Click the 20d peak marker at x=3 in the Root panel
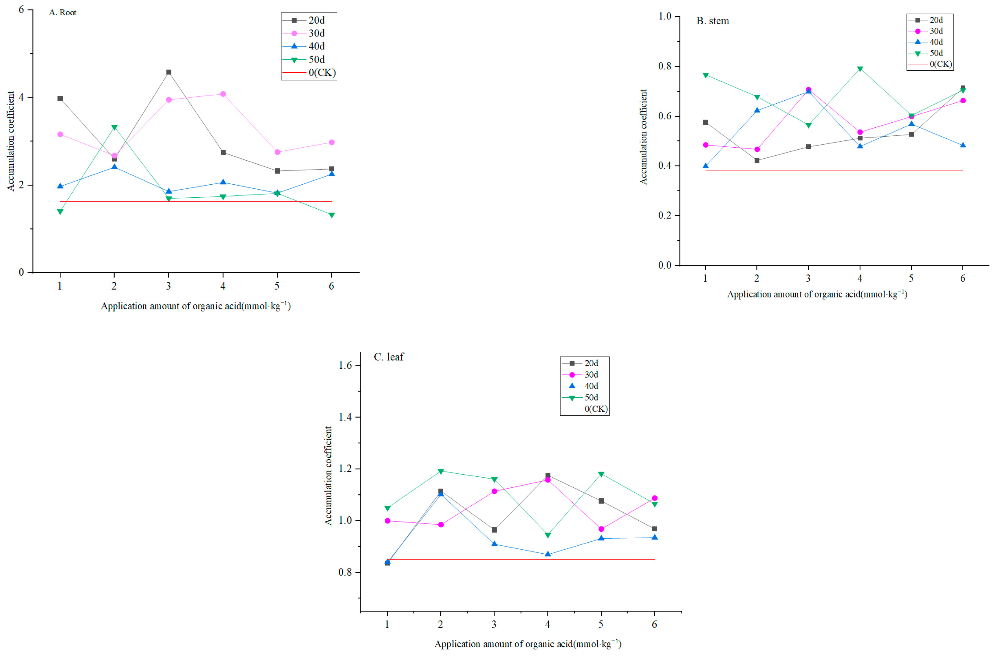click(x=169, y=72)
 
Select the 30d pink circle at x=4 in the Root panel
click(x=223, y=94)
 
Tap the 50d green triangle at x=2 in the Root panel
click(x=114, y=127)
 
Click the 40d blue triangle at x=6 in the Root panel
click(x=331, y=174)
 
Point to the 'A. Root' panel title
click(x=63, y=13)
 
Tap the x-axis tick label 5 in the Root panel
click(x=277, y=286)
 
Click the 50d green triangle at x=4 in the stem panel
click(x=860, y=69)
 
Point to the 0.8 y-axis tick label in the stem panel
click(x=665, y=66)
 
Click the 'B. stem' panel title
click(x=713, y=21)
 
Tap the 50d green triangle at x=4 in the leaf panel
click(x=548, y=535)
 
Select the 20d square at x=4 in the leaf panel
click(x=548, y=475)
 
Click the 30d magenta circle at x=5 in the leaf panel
click(x=601, y=529)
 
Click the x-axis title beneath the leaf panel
click(x=528, y=644)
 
